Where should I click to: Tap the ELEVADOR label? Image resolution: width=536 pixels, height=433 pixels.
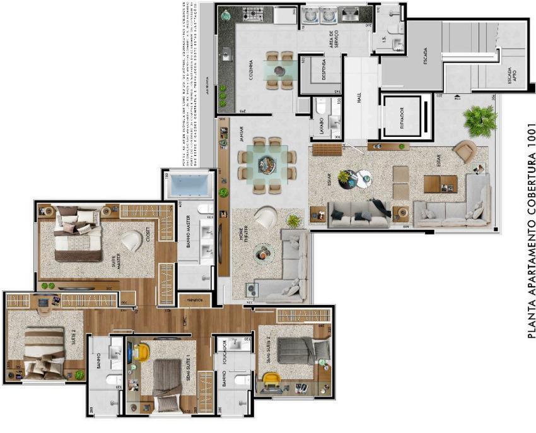pos(402,117)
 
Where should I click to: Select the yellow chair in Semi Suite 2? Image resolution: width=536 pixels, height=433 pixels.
pos(271,380)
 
